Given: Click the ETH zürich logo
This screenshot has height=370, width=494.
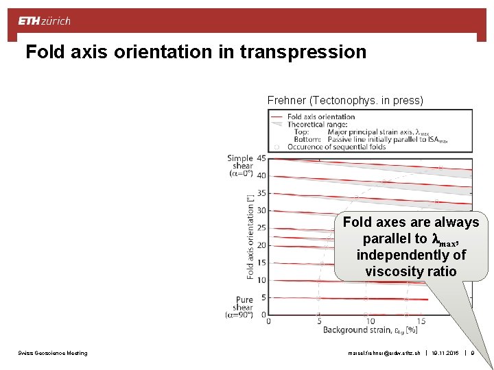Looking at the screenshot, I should coord(44,21).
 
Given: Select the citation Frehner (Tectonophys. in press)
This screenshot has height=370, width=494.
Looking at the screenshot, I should coord(345,101).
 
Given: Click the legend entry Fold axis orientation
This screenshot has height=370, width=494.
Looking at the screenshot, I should coord(320,116).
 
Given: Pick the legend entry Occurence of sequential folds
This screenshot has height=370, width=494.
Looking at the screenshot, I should coord(335,147).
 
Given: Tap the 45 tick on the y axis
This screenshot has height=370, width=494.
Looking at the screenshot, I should coord(261,158).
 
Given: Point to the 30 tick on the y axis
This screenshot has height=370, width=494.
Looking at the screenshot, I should coord(261,211).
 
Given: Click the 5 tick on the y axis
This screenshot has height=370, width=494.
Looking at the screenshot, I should coord(263,297).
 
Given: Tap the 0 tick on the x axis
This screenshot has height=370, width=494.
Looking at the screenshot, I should coord(268,321).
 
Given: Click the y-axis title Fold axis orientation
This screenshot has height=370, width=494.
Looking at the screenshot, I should coord(250,236).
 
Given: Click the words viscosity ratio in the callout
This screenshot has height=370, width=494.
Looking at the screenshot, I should coord(410,271).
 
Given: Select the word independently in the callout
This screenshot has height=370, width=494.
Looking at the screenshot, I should coord(410,255).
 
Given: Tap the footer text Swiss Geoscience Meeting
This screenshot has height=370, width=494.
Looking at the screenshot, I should coord(53,353).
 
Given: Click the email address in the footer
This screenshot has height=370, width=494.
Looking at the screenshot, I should coord(384,353).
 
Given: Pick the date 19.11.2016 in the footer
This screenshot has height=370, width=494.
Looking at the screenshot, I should coord(447,353).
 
